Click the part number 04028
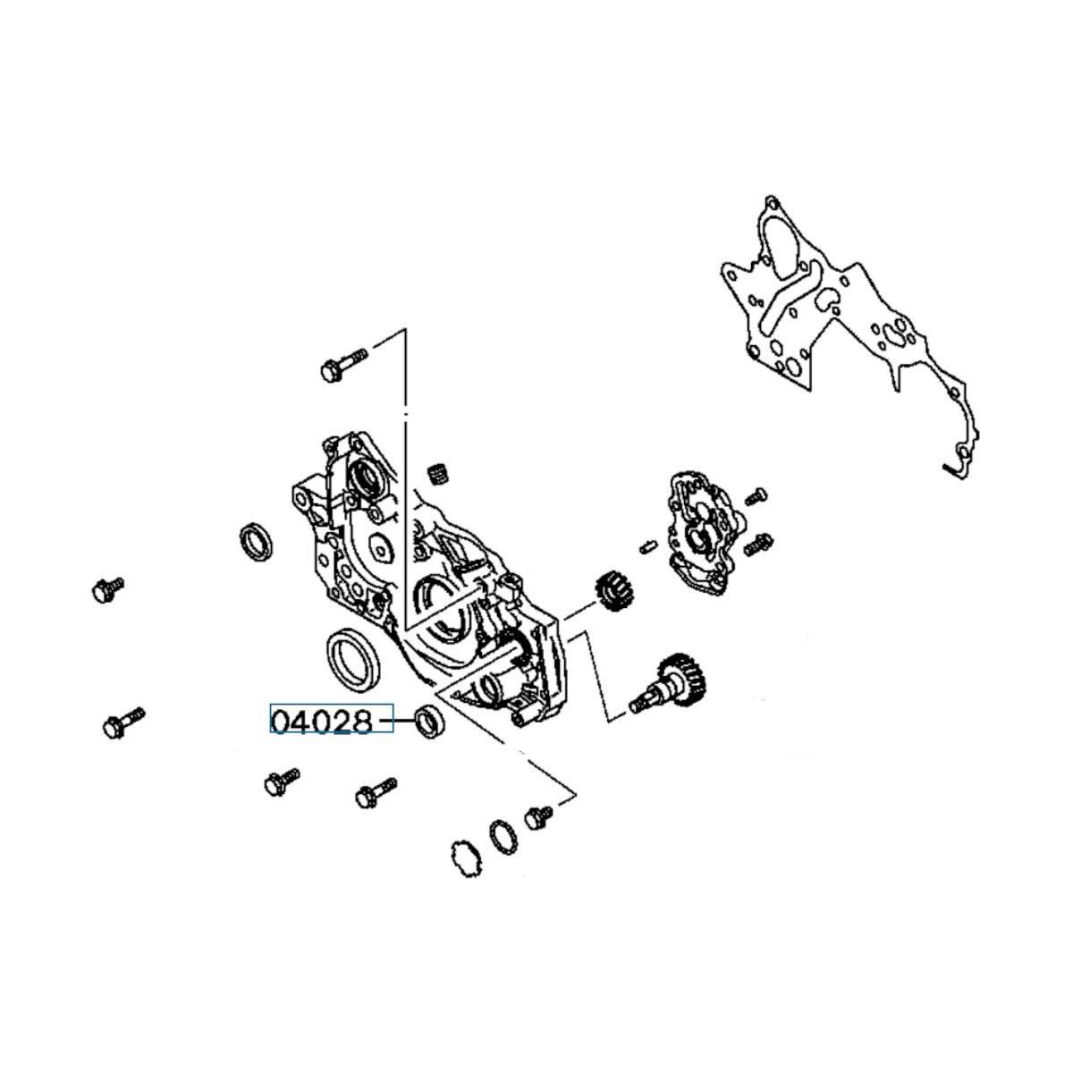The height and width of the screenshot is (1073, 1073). [x=321, y=722]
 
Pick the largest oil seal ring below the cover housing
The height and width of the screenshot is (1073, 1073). [x=353, y=660]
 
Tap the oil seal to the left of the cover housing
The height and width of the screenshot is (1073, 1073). [x=256, y=542]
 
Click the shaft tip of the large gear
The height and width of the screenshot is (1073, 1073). [x=635, y=706]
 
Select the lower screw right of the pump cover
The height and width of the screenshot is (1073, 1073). [x=759, y=543]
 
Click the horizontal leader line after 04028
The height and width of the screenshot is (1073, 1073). [x=396, y=722]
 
